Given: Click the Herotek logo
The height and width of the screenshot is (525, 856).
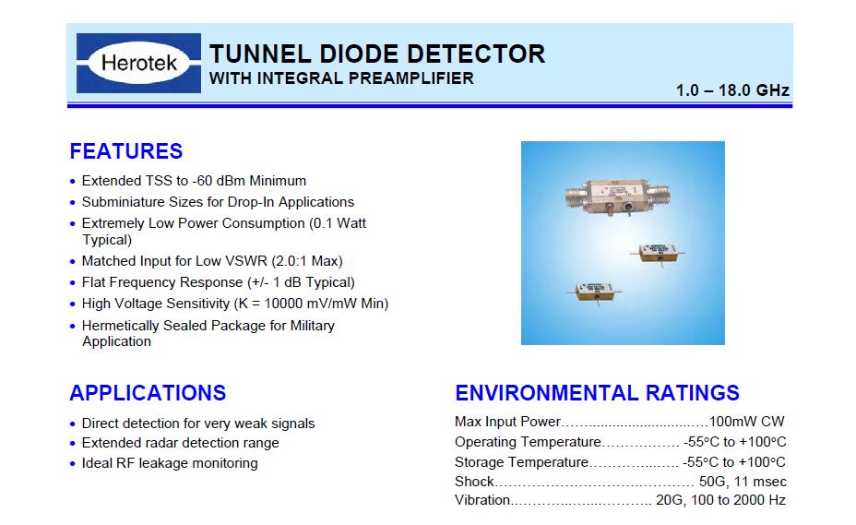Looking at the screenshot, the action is pos(138,63).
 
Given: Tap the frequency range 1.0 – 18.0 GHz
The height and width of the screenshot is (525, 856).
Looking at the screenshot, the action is pos(732,90).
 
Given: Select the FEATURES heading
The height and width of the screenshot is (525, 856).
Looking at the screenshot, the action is pos(126,151).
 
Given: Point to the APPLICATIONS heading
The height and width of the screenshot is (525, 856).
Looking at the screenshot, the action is pos(148,393).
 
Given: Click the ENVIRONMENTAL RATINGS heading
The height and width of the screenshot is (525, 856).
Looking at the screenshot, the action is pos(597,393).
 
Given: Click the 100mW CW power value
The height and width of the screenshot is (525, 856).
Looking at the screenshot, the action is pos(746,422).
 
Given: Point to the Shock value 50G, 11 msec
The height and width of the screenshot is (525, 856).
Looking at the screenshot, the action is pos(743,482).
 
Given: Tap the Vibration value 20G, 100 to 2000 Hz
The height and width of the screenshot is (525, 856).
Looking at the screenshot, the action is pos(720,500).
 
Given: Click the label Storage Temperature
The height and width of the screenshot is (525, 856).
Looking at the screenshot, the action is pos(521,462).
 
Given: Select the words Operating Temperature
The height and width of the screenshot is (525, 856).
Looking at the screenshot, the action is pos(528,442).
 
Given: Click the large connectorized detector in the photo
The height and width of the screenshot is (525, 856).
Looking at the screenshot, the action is pos(617,197).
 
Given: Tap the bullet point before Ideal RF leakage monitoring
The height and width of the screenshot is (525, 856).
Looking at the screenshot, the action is pos(73,464).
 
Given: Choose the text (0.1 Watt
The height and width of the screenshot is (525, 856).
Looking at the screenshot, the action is pos(338,223).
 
